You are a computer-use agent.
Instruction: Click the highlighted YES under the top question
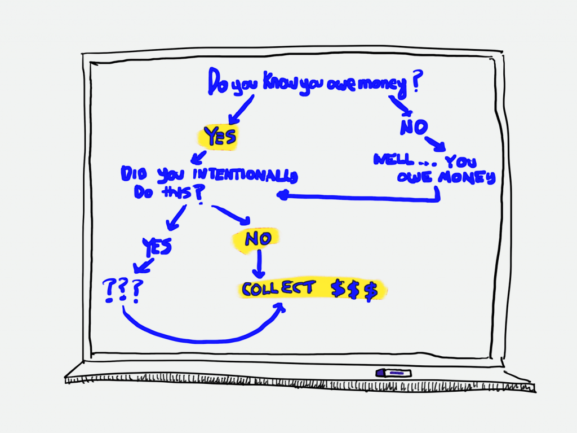click(220, 137)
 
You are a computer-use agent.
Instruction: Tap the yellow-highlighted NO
click(258, 239)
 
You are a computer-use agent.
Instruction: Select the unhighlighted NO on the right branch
click(414, 127)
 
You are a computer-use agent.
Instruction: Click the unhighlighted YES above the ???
click(157, 246)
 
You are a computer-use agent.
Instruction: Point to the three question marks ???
click(123, 291)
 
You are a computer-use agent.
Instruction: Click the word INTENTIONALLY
click(245, 175)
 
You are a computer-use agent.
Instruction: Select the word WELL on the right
click(393, 159)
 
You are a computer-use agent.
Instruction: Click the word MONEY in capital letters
click(467, 178)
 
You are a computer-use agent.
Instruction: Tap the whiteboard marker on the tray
click(393, 373)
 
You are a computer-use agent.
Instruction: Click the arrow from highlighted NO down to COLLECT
click(259, 264)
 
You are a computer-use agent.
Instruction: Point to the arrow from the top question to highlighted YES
click(241, 110)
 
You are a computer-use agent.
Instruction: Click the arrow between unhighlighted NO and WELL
click(436, 144)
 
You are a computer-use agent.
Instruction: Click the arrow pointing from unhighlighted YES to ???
click(144, 266)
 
